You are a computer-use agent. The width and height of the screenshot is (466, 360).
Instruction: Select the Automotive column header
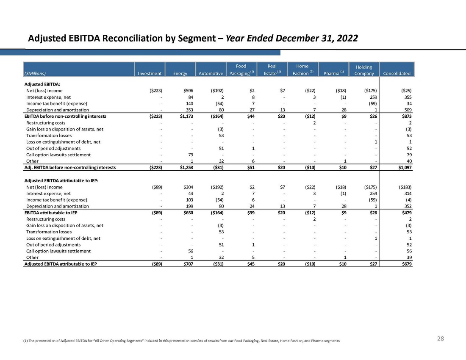pyautogui.click(x=211, y=73)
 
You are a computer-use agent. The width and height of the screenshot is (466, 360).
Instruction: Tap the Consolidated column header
pyautogui.click(x=397, y=73)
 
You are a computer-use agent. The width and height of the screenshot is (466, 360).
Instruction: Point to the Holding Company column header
pyautogui.click(x=364, y=70)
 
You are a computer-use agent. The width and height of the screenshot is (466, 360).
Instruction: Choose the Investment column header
pyautogui.click(x=150, y=73)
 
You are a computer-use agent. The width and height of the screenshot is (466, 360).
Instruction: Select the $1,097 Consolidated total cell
pyautogui.click(x=404, y=168)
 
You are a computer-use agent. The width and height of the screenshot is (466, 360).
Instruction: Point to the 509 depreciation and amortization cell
pyautogui.click(x=408, y=110)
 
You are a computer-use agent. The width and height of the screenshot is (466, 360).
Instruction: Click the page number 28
pyautogui.click(x=441, y=338)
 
